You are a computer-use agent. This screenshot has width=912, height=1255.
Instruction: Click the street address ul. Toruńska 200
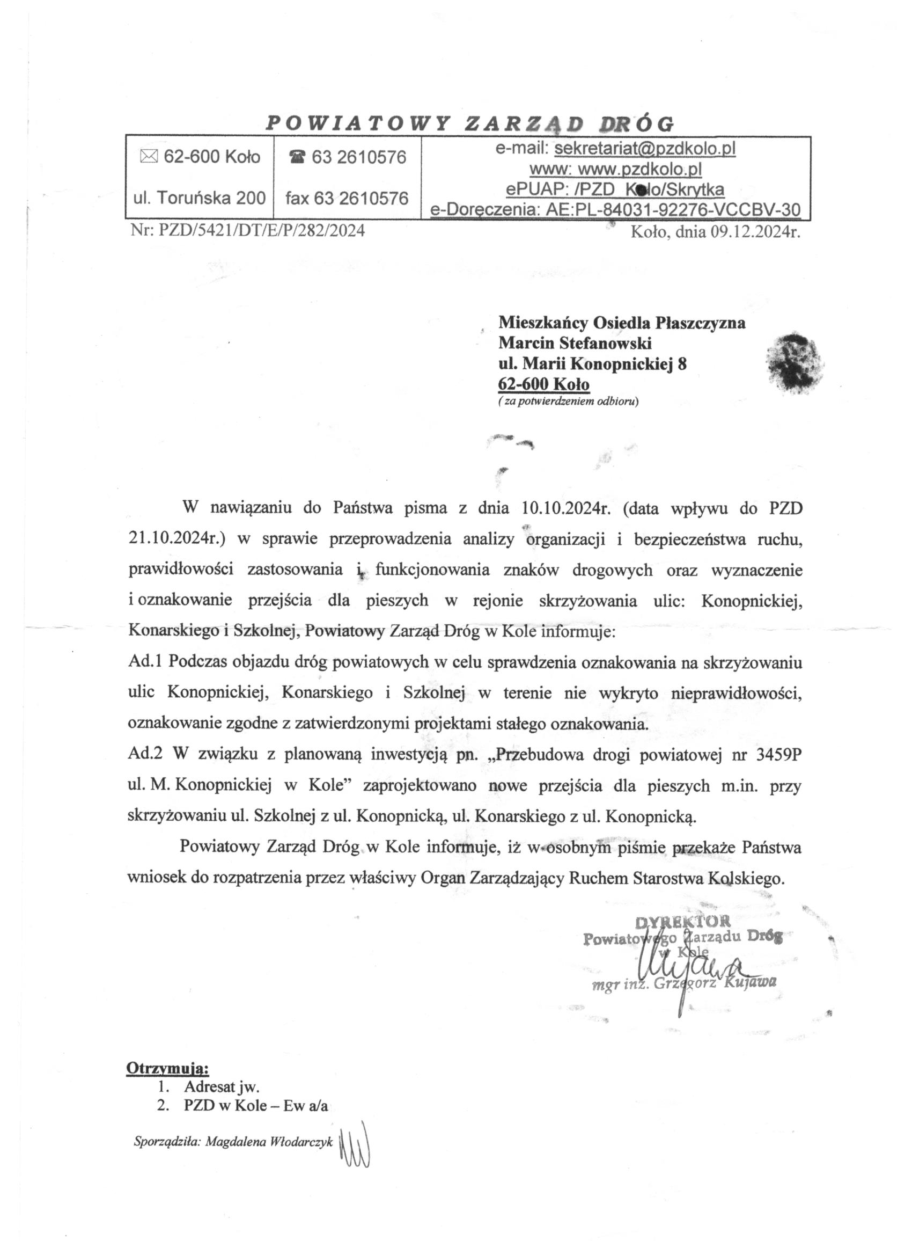[200, 198]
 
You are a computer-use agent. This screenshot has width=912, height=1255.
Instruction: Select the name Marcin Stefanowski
[575, 343]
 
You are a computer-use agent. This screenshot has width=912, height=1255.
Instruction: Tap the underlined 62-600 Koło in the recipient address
[543, 383]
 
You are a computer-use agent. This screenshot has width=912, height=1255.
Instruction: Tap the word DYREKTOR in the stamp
[682, 921]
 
